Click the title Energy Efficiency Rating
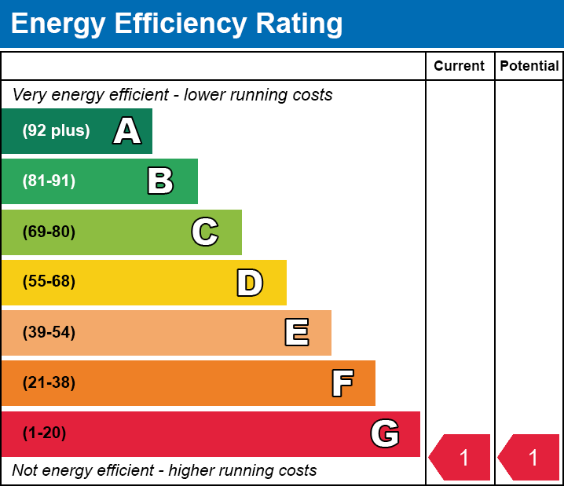(177, 24)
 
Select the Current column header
(459, 66)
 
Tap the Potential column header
(529, 66)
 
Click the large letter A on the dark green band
(127, 131)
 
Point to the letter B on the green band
(160, 181)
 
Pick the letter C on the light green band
(204, 232)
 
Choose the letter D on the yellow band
(250, 283)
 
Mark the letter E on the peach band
(296, 333)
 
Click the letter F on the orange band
(342, 383)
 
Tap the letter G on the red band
(385, 433)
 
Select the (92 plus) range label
(56, 131)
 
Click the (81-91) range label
(49, 181)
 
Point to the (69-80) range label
(49, 232)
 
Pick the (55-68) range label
(49, 282)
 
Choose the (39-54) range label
(49, 332)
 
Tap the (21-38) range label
(49, 382)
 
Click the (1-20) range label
(44, 433)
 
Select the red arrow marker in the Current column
(461, 457)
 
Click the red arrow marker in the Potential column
(530, 457)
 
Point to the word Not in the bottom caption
(25, 470)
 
